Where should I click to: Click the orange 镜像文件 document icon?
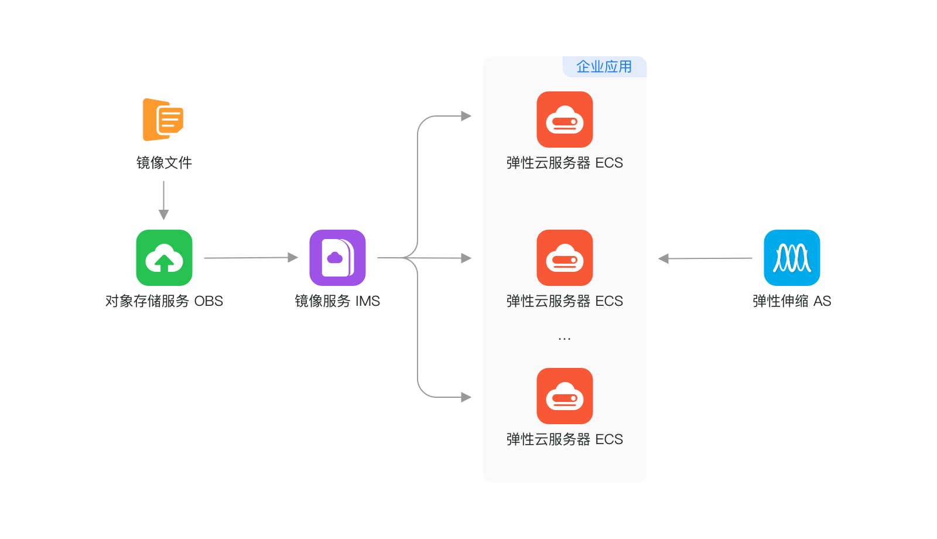(x=163, y=120)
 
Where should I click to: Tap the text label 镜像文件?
(x=164, y=163)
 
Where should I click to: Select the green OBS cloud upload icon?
(x=164, y=258)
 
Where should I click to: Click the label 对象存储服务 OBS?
(x=164, y=301)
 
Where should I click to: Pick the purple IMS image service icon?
(x=337, y=258)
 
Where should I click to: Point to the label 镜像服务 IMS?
(x=337, y=301)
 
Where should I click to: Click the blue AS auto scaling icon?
(x=792, y=258)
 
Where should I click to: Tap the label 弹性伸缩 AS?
(x=792, y=301)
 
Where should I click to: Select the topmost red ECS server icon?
(x=565, y=120)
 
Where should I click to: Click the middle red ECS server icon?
(x=565, y=258)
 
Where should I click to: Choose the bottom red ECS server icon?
(x=565, y=396)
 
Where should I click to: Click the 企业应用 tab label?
(x=604, y=67)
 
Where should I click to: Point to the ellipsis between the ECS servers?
(x=565, y=339)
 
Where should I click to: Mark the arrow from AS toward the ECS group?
(x=705, y=258)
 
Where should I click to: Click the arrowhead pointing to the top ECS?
(x=466, y=116)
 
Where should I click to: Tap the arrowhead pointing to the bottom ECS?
(x=466, y=397)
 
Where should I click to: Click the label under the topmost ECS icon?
(x=565, y=163)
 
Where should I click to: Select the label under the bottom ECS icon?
(x=565, y=439)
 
